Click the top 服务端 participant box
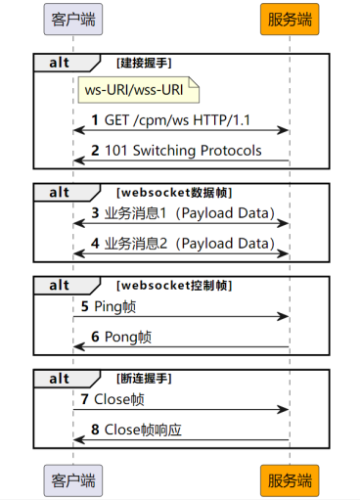(x=289, y=19)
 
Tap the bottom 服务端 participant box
(x=289, y=480)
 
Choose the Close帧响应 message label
(x=144, y=429)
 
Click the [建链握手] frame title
(x=144, y=63)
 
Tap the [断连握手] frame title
(x=144, y=378)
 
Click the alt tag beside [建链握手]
(x=60, y=63)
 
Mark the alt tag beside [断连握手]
(x=60, y=378)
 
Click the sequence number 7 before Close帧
(x=84, y=399)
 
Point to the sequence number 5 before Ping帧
(x=84, y=305)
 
